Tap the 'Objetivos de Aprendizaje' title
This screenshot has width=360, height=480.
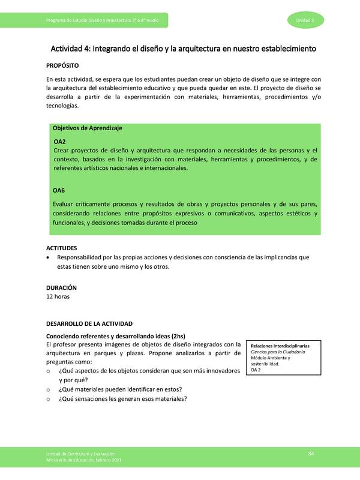88,128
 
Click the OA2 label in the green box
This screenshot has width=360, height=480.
59,141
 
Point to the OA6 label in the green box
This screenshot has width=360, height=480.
59,190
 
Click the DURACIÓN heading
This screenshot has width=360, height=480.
62,287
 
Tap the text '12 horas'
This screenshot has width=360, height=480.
59,296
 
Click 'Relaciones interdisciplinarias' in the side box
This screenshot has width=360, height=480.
280,346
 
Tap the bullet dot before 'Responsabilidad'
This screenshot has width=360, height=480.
48,257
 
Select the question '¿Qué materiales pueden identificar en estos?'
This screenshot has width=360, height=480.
120,389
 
